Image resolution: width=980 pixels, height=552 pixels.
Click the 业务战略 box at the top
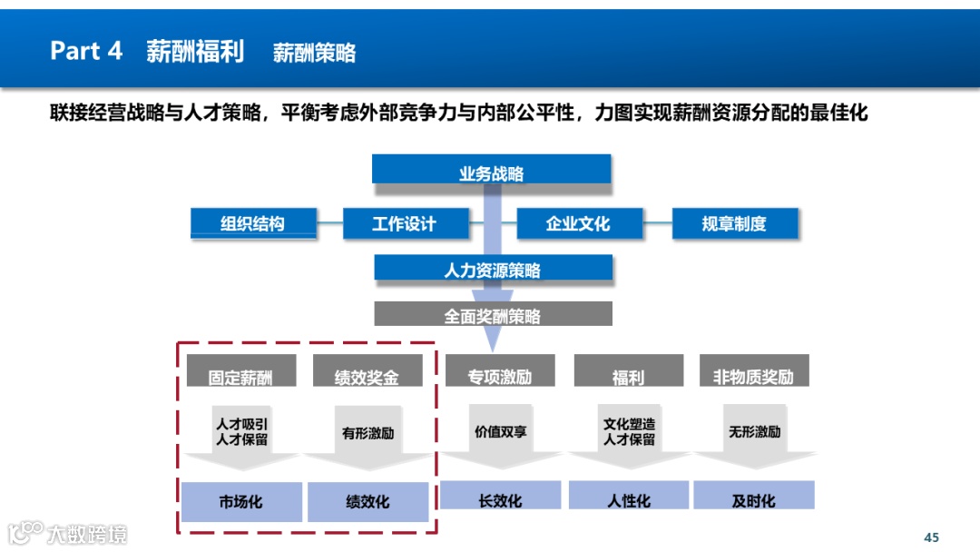(x=491, y=172)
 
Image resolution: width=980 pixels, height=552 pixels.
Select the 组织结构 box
(x=253, y=223)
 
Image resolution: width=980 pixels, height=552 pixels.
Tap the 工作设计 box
(x=405, y=223)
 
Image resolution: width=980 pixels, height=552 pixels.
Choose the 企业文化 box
(x=579, y=223)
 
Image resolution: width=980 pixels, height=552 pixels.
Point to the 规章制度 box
(x=734, y=223)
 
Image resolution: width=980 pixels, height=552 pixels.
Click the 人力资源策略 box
(x=493, y=270)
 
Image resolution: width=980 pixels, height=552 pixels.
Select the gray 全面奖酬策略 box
(x=493, y=315)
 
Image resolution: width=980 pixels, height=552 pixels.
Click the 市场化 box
(x=241, y=501)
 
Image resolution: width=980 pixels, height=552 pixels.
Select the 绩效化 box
(x=367, y=501)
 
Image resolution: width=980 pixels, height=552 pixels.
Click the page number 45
(x=931, y=537)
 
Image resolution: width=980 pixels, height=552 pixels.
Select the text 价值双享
(x=500, y=432)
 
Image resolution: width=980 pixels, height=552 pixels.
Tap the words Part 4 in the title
(x=86, y=51)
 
